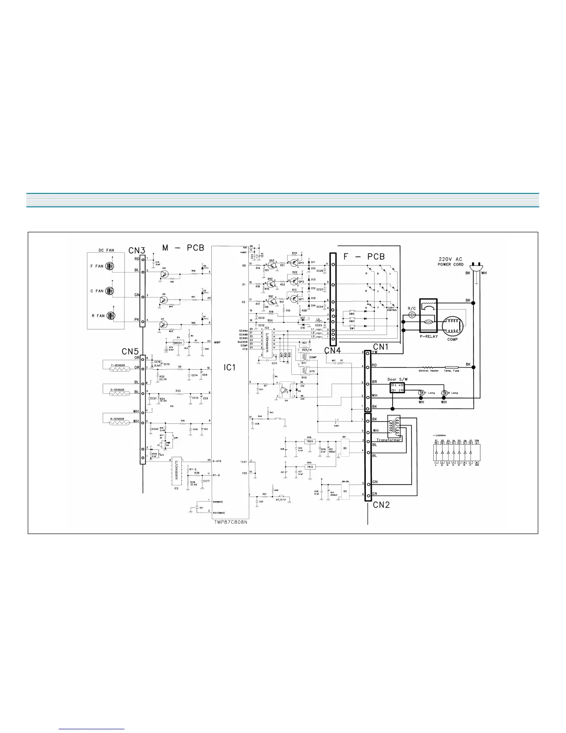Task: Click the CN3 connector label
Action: click(137, 250)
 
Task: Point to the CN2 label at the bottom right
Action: click(381, 504)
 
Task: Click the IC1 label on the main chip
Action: click(230, 367)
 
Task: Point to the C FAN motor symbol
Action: click(111, 291)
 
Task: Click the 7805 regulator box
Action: click(309, 441)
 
